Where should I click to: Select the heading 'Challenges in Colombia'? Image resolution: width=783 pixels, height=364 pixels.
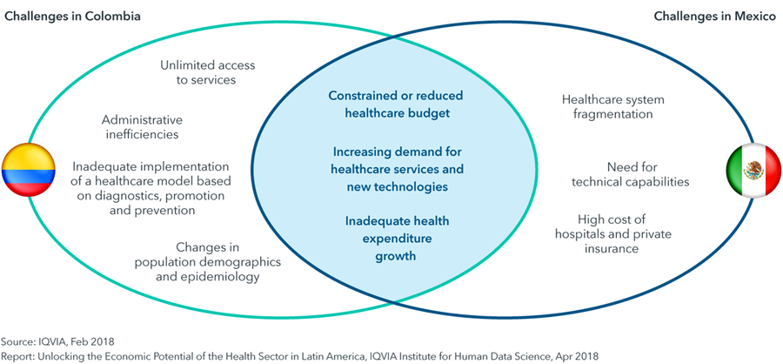pos(72,17)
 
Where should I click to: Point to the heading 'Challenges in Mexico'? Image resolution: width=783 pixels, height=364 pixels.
pos(715,17)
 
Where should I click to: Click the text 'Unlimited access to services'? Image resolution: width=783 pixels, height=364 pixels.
pos(207,72)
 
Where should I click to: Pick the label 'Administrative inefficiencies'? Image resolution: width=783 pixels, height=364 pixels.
pos(143,127)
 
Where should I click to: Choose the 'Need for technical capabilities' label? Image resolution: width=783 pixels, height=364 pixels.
pos(630,174)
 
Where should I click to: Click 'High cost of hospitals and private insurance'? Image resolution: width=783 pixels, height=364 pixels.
pos(613,233)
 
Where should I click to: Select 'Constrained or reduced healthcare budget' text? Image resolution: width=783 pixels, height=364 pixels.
pos(396,104)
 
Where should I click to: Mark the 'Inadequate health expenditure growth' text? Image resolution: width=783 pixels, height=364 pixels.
pos(397,239)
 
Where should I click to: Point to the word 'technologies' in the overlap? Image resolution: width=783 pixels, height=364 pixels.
pos(414,187)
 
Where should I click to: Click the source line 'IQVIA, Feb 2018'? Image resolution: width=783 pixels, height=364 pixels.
pos(75,342)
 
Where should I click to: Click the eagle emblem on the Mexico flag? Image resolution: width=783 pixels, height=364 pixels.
pos(753,171)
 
